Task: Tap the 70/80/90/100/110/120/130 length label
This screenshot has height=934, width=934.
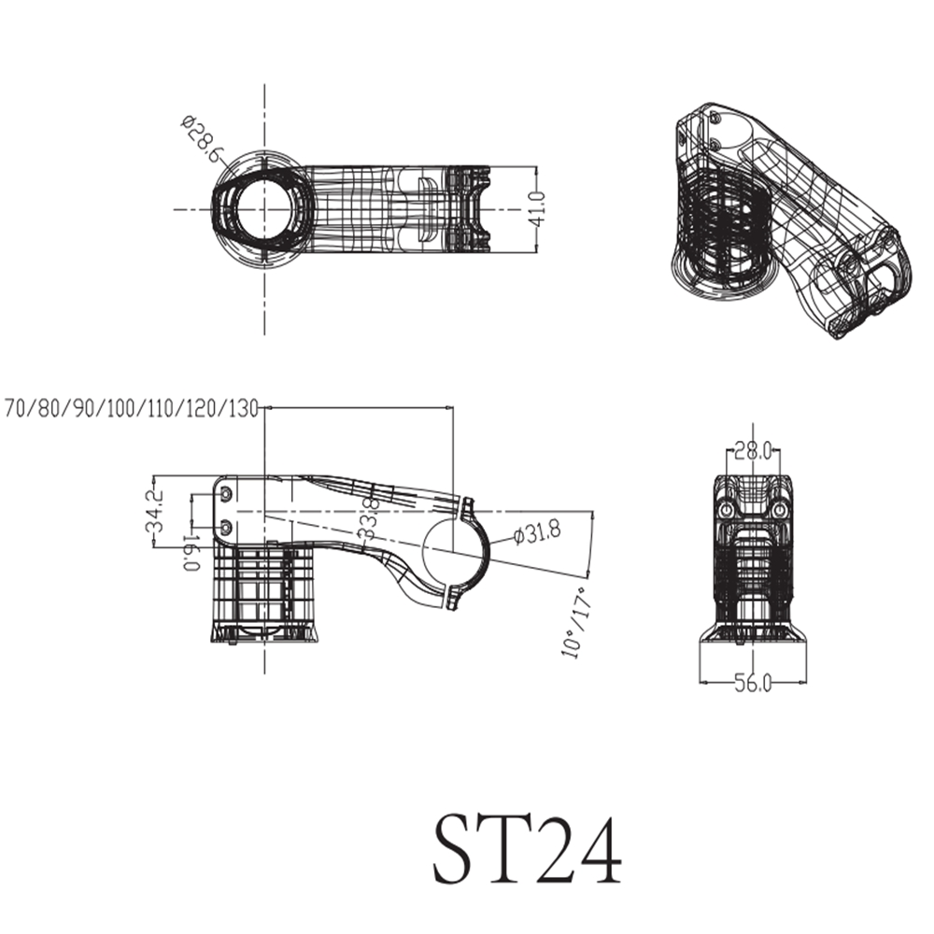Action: [x=131, y=408]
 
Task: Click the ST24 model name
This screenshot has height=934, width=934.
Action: [x=526, y=851]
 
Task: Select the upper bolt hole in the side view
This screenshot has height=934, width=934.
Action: [x=226, y=491]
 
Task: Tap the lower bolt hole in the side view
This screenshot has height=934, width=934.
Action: [x=226, y=528]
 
